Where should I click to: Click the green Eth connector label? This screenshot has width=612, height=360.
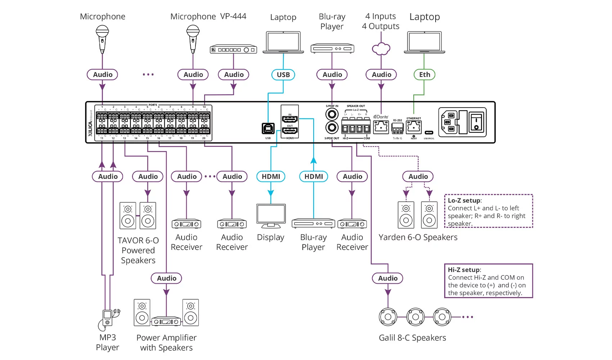click(x=424, y=75)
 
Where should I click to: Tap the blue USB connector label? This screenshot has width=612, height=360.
click(x=283, y=75)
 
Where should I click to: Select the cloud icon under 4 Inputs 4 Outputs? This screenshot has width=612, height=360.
click(x=381, y=49)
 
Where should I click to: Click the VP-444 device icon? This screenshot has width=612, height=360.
click(x=233, y=50)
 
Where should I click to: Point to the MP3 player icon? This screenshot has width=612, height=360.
click(x=108, y=318)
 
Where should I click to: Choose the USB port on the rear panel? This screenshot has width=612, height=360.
click(x=268, y=129)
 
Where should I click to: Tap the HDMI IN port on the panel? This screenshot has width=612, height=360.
click(x=290, y=119)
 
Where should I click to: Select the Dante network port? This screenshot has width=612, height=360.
click(x=381, y=126)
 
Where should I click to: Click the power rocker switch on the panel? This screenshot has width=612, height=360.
click(x=476, y=122)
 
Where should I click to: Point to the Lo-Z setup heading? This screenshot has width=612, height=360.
click(x=464, y=201)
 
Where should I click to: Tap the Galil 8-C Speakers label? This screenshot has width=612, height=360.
click(x=412, y=338)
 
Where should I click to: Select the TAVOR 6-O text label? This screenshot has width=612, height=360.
click(x=138, y=240)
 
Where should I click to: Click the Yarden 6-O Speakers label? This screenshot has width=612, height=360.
click(x=418, y=237)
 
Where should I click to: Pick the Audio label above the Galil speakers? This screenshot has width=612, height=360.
click(x=388, y=278)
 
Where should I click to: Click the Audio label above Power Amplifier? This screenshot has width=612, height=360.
click(x=166, y=278)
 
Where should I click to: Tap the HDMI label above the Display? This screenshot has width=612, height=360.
click(x=271, y=176)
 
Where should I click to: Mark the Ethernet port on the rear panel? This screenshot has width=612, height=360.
click(x=414, y=127)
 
